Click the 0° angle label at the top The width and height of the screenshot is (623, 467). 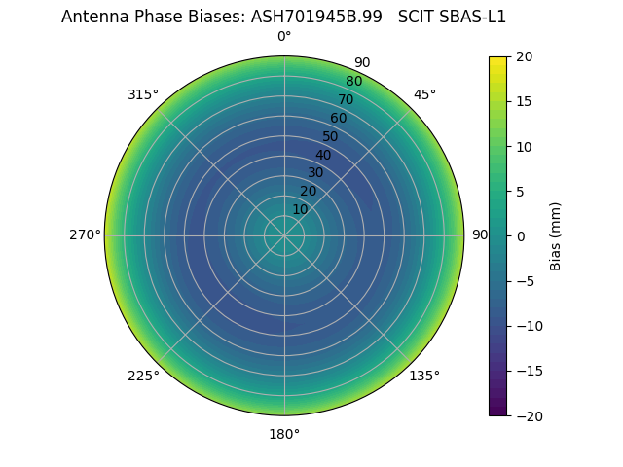coord(284,37)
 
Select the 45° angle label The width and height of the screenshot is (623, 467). coord(424,94)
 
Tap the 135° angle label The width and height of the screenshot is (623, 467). coord(424,376)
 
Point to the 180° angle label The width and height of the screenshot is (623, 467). coord(284,434)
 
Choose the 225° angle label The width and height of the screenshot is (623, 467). coord(143,376)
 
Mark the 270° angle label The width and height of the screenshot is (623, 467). coord(85,234)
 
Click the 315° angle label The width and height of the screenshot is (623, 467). coord(143,94)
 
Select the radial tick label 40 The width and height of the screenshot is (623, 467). coord(323,155)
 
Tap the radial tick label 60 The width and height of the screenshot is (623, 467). coord(338,118)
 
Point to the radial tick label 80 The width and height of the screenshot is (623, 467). coord(353,81)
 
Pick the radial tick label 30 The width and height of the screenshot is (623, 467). coord(315,172)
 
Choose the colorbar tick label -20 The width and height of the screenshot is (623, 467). coord(527,415)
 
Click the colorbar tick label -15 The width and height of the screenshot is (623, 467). coord(527,371)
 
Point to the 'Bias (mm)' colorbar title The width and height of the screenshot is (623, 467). coord(556,235)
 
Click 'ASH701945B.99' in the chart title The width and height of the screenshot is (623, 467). coord(319,17)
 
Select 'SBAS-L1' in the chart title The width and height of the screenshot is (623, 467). coord(474,17)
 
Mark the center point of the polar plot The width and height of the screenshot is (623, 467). coord(284,235)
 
